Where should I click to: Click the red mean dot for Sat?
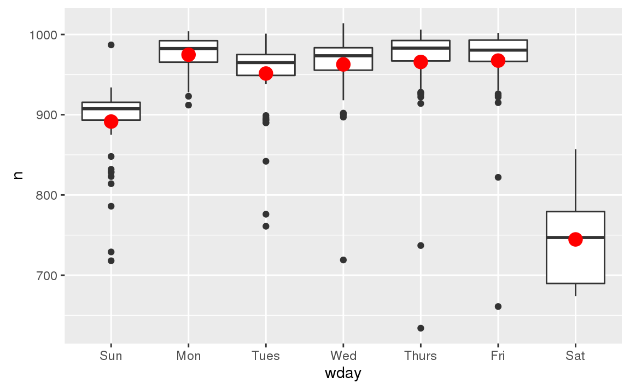coord(575,239)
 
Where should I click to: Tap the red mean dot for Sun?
coord(111,121)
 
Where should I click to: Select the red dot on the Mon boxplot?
coord(189,54)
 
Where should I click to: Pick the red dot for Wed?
coord(343,65)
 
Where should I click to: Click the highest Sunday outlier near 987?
coord(111,45)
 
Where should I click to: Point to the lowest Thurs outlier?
coord(421,328)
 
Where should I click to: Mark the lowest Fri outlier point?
coord(498,306)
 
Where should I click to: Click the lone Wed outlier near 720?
coord(343,260)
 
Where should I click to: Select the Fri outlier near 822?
coord(498,177)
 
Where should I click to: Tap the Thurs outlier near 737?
coord(421,246)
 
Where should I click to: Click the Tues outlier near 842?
coord(266,161)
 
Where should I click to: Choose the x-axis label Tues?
coord(266,356)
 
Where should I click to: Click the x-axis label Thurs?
coord(421,356)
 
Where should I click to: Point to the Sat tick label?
coord(575,356)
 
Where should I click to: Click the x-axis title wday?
coord(343,374)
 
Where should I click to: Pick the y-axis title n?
coord(18,176)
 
